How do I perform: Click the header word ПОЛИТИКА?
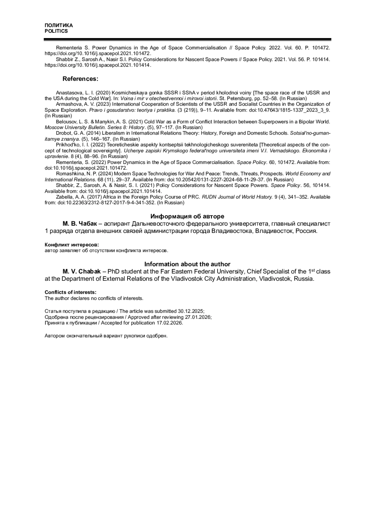59,25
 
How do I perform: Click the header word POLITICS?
56,31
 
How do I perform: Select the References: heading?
80,79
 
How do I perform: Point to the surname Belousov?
66,122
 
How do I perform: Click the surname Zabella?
64,197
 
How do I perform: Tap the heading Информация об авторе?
187,216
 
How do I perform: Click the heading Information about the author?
187,264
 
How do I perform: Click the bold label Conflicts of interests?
71,292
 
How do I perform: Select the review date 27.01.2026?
198,317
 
